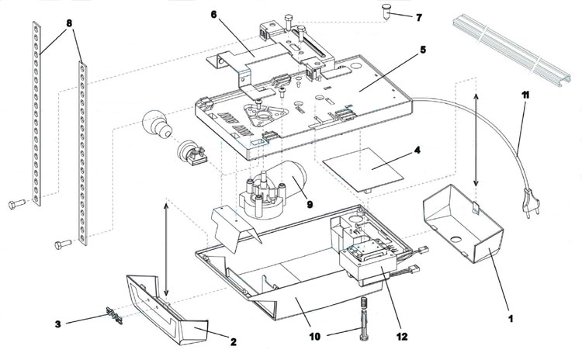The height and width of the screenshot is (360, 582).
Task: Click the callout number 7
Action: (419, 17)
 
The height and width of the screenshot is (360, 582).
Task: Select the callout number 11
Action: (525, 95)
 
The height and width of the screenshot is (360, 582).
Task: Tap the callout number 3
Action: (58, 324)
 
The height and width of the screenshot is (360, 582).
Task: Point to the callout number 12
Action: (402, 337)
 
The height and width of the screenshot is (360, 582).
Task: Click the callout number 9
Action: (309, 204)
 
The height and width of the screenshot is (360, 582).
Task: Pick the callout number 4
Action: (417, 151)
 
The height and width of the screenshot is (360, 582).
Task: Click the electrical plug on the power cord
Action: (529, 202)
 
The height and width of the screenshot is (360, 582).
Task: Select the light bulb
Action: (157, 123)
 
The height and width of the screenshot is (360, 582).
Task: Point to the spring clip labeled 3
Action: (114, 315)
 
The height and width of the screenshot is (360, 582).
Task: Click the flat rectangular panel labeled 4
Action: (363, 170)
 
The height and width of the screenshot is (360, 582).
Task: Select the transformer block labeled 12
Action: (368, 267)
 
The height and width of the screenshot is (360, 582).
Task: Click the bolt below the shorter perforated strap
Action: (63, 244)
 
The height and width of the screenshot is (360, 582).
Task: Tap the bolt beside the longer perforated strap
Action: (17, 204)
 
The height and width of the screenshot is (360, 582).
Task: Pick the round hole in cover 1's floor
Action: (456, 238)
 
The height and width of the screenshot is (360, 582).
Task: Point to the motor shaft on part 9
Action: (265, 178)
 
